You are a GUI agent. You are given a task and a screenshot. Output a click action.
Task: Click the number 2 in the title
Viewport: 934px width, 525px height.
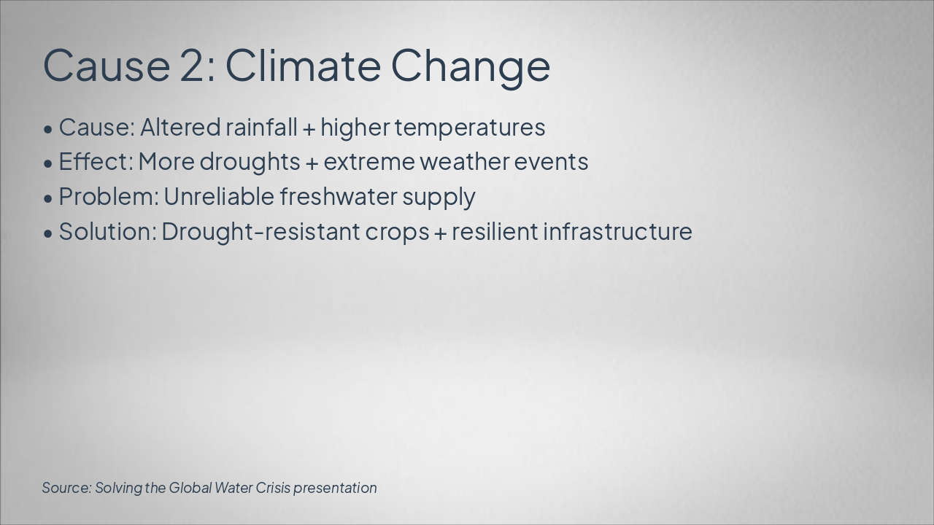(194, 65)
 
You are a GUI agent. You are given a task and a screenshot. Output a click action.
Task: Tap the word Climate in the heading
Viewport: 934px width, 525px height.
(302, 65)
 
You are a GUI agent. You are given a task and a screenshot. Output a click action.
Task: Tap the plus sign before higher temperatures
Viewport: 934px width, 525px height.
(309, 128)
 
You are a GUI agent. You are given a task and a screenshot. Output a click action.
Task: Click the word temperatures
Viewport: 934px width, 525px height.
(470, 127)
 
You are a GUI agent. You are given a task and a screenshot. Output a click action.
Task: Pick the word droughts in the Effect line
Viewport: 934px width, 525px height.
(250, 162)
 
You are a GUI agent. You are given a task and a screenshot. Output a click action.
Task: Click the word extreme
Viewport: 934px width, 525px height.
(369, 162)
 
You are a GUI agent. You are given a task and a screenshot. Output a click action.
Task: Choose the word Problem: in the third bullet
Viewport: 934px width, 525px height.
(108, 197)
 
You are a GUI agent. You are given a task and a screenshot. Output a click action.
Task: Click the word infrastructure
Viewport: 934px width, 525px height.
(617, 232)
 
